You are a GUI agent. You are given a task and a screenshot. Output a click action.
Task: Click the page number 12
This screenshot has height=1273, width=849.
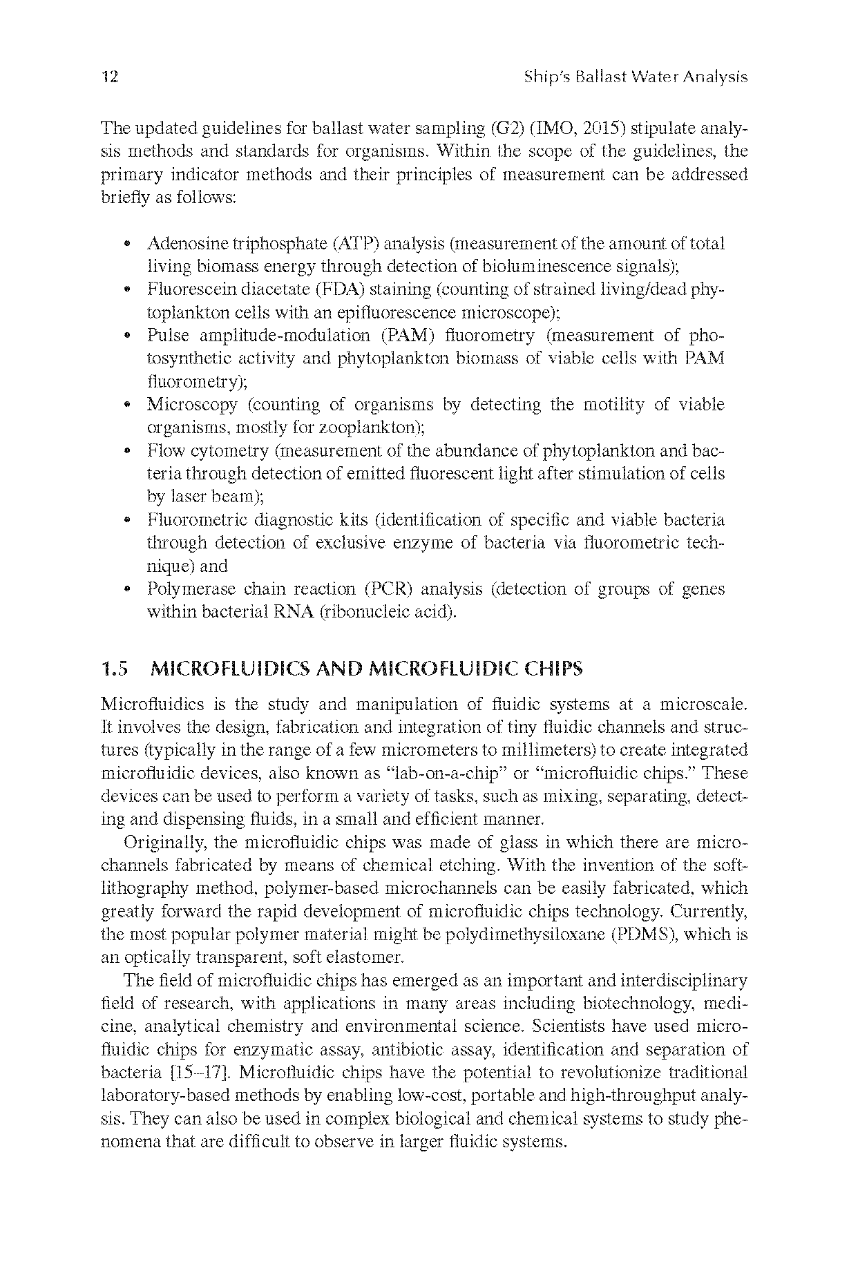pyautogui.click(x=109, y=77)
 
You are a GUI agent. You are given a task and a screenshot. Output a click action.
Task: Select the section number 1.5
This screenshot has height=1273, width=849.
pyautogui.click(x=114, y=669)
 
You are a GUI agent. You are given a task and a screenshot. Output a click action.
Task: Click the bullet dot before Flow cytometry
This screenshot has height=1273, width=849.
pyautogui.click(x=127, y=452)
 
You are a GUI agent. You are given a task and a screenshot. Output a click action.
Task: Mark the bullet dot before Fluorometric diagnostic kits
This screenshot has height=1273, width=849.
pyautogui.click(x=127, y=521)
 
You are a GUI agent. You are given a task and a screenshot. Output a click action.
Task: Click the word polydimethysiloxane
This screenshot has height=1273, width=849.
pyautogui.click(x=526, y=935)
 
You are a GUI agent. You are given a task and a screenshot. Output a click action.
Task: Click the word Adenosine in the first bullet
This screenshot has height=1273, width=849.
pyautogui.click(x=184, y=244)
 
